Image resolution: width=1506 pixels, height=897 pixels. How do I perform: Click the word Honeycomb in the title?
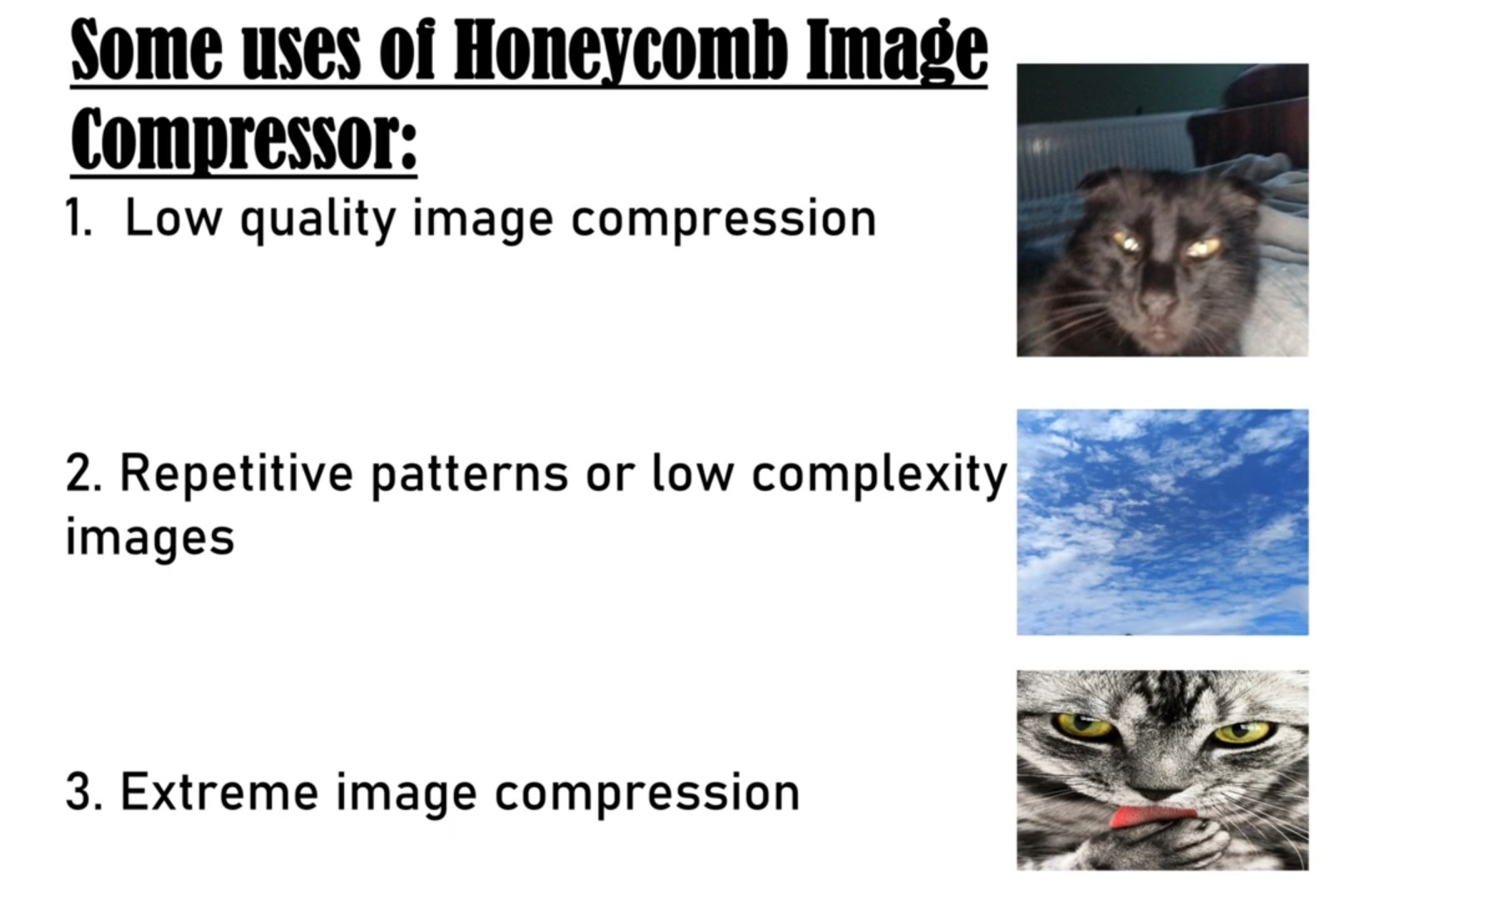coord(621,51)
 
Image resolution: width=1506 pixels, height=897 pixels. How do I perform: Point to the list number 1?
coord(78,219)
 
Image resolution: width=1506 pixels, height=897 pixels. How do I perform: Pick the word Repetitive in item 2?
coord(237,474)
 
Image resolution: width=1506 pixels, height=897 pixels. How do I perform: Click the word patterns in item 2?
coord(470,476)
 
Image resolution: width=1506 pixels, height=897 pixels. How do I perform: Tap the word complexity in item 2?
coord(878,476)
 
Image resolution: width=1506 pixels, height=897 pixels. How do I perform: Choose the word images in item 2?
coord(150,539)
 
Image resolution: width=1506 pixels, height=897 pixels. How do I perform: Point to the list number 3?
coord(83,792)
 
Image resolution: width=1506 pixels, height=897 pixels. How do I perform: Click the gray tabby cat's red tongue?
coord(1152,816)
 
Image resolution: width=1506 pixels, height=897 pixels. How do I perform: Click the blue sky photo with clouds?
coord(1163,522)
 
